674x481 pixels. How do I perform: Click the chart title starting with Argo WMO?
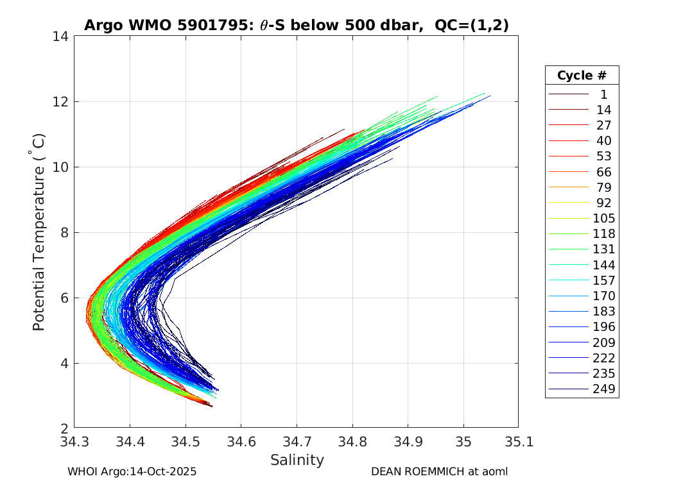click(x=296, y=25)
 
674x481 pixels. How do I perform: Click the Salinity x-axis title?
click(x=297, y=460)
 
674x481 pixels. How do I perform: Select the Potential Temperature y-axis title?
click(x=39, y=232)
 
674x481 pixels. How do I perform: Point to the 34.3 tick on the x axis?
click(x=75, y=442)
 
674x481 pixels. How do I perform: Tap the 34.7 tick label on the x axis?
click(x=297, y=442)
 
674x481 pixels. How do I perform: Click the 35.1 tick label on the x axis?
click(x=518, y=442)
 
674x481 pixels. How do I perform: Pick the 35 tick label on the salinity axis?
click(x=463, y=442)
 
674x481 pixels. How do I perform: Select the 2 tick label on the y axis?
click(x=65, y=428)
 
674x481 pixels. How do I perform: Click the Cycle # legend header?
click(x=582, y=75)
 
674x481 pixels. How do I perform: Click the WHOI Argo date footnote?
click(x=132, y=471)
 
